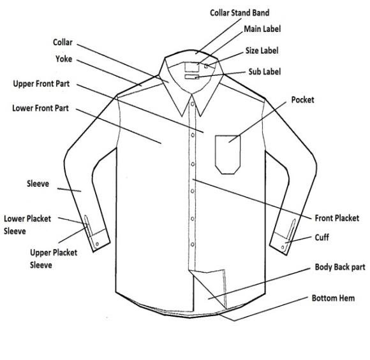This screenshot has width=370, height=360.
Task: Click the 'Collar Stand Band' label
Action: pyautogui.click(x=239, y=13)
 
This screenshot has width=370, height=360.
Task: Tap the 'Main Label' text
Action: pyautogui.click(x=262, y=29)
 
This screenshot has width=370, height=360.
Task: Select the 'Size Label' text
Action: pyautogui.click(x=262, y=50)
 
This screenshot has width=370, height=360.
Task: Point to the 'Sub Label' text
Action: pyautogui.click(x=265, y=71)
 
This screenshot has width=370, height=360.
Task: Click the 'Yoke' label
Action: pyautogui.click(x=64, y=59)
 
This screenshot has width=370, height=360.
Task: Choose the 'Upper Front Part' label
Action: pyautogui.click(x=41, y=83)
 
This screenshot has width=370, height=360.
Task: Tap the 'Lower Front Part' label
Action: pyautogui.click(x=40, y=108)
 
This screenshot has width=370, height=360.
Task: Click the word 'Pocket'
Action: pyautogui.click(x=302, y=100)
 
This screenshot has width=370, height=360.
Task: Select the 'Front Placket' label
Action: pyautogui.click(x=337, y=218)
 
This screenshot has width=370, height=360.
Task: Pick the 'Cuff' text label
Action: pyautogui.click(x=322, y=238)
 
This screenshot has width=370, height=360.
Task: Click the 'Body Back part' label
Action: pyautogui.click(x=340, y=267)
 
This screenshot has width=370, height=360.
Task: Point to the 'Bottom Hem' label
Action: pyautogui.click(x=333, y=298)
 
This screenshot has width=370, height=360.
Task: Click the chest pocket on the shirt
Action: pyautogui.click(x=228, y=154)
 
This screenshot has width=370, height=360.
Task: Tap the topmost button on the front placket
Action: pyautogui.click(x=193, y=104)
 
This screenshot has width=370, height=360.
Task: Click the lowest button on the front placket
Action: pyautogui.click(x=193, y=245)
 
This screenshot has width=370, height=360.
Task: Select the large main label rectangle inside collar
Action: pyautogui.click(x=192, y=67)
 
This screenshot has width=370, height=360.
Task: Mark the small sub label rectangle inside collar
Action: pyautogui.click(x=192, y=76)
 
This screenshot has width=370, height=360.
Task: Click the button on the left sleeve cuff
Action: pyautogui.click(x=97, y=244)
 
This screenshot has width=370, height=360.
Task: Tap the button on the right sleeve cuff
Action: pyautogui.click(x=283, y=247)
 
